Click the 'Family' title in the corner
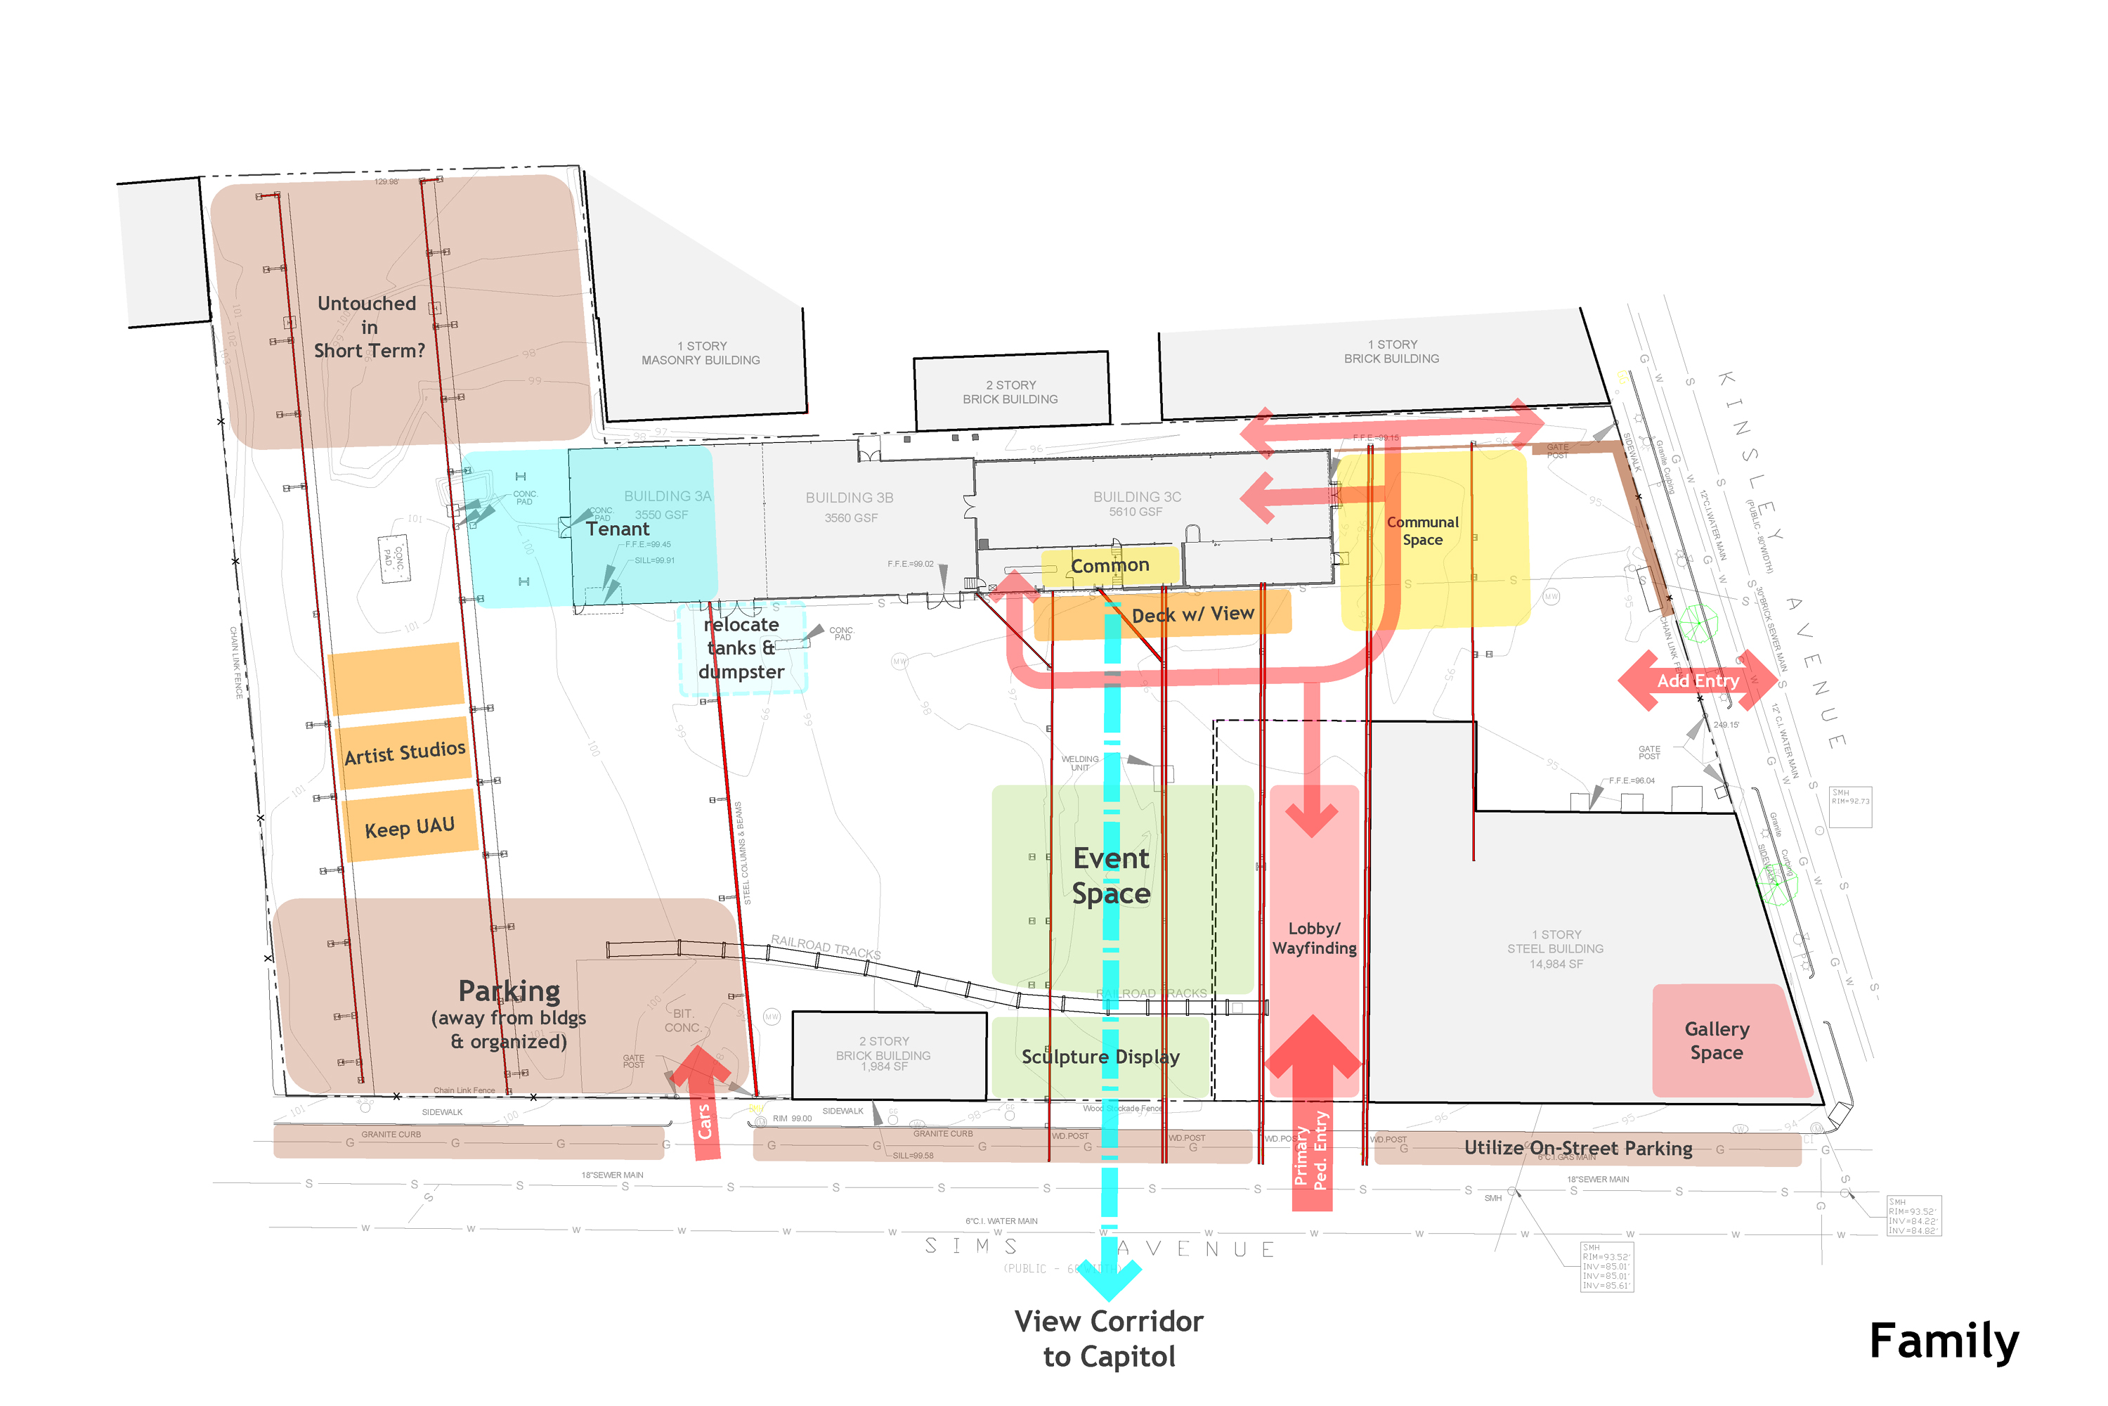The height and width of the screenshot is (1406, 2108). tap(1943, 1341)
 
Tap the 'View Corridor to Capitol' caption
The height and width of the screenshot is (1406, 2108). tap(1109, 1339)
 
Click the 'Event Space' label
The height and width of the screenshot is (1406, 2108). tap(1112, 876)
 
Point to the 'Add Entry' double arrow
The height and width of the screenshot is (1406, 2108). tap(1698, 681)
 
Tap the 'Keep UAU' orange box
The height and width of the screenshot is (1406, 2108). tap(410, 827)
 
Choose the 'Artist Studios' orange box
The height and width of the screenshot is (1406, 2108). tap(404, 752)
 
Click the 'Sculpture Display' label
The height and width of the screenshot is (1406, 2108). tap(1100, 1057)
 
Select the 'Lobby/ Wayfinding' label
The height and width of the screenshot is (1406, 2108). tap(1314, 938)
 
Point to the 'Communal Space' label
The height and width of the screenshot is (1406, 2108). tap(1422, 531)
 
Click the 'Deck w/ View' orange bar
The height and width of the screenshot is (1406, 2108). tap(1192, 614)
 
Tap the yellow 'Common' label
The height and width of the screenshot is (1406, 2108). tap(1110, 566)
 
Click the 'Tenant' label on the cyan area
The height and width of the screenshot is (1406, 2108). tap(618, 529)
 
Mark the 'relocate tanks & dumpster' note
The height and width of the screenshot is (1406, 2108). tap(741, 647)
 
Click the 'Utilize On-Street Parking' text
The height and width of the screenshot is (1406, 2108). tap(1577, 1148)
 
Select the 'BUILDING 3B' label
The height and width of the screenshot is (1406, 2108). tap(849, 498)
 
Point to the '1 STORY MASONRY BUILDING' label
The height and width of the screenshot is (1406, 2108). tap(700, 352)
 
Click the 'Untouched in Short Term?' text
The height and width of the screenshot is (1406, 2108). tap(368, 328)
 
